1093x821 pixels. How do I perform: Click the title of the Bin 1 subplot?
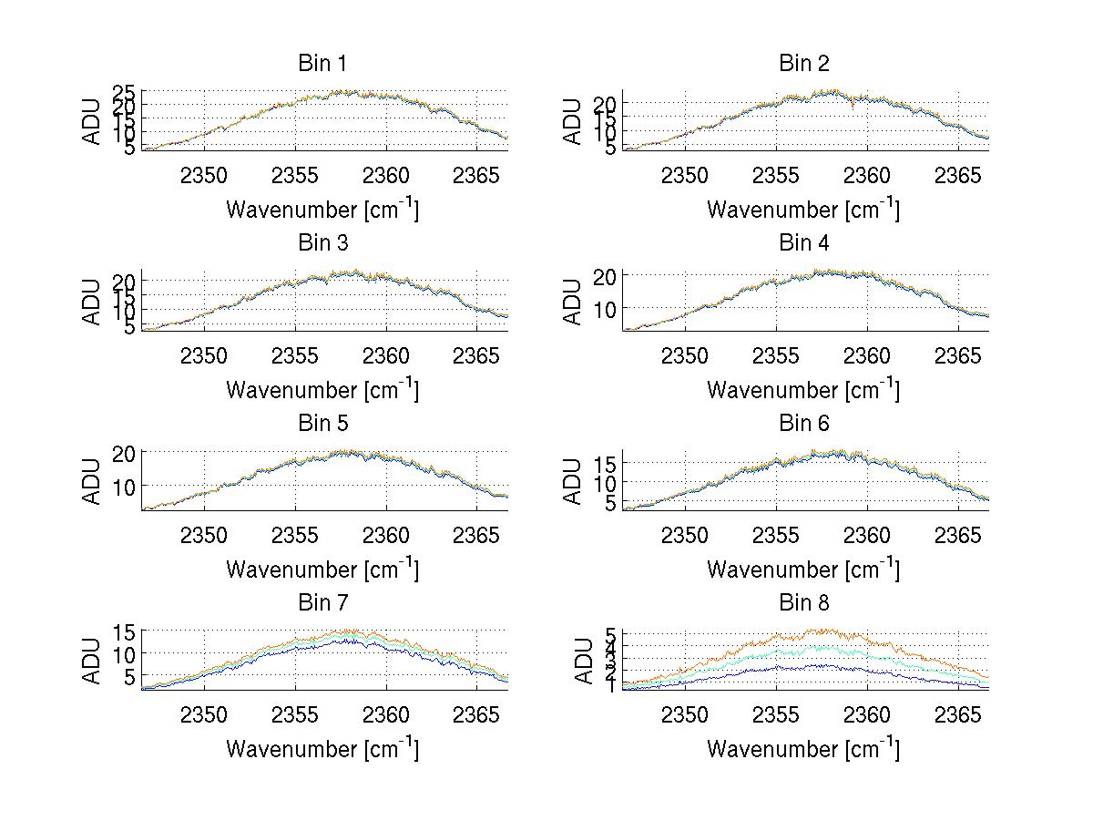click(322, 64)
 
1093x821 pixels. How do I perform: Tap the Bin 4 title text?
click(803, 243)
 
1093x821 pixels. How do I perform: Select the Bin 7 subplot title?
click(322, 603)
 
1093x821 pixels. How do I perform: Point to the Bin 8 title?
click(803, 603)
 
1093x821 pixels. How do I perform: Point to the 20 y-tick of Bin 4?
click(608, 275)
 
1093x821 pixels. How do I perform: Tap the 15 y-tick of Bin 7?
click(126, 631)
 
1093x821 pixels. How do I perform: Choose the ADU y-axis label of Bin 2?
click(573, 121)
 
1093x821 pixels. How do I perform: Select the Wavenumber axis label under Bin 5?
click(322, 570)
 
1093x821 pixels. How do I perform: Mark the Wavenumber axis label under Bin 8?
click(803, 749)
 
